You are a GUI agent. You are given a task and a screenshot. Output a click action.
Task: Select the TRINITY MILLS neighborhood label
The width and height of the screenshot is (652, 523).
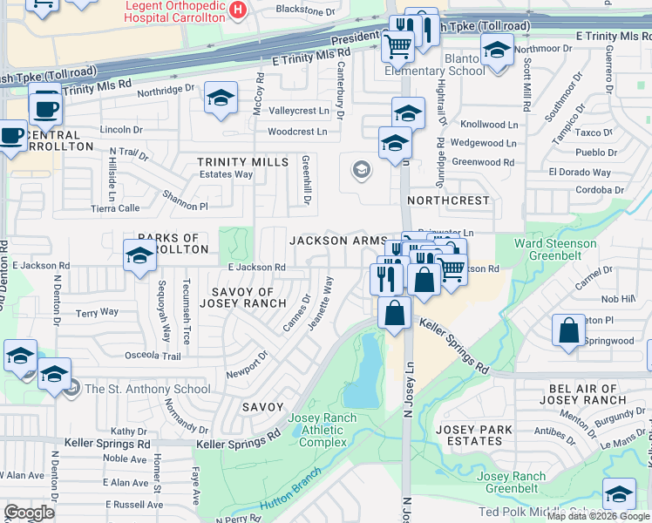pyautogui.click(x=242, y=162)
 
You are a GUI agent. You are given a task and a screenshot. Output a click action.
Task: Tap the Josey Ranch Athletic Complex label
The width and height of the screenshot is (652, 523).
pyautogui.click(x=328, y=430)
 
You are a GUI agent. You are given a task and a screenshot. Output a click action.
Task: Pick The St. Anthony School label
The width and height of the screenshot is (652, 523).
pyautogui.click(x=146, y=389)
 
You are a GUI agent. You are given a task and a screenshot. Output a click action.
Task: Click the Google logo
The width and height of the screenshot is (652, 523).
pyautogui.click(x=29, y=512)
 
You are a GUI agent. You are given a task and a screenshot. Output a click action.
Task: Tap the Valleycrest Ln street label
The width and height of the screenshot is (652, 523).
pyautogui.click(x=298, y=111)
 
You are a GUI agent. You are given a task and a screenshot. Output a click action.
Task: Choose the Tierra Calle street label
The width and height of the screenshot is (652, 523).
pyautogui.click(x=115, y=208)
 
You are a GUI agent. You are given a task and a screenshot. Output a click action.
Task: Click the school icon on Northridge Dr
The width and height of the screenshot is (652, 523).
pyautogui.click(x=221, y=98)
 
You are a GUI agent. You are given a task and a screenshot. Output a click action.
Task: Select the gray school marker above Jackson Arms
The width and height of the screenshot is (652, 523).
pyautogui.click(x=360, y=171)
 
